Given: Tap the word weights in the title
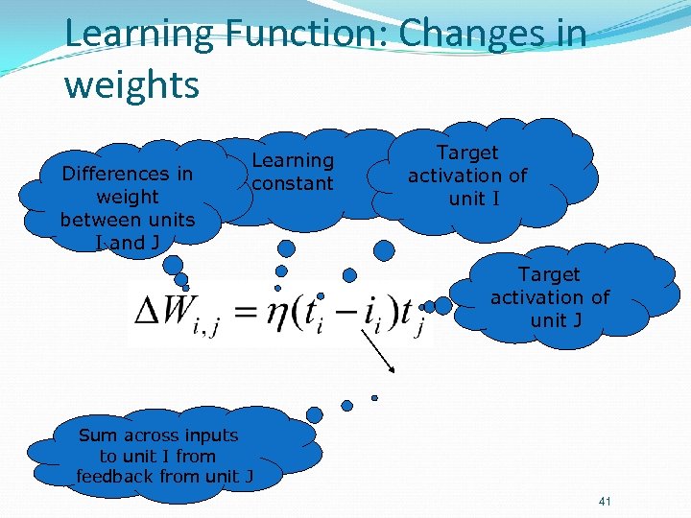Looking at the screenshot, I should click(x=131, y=84).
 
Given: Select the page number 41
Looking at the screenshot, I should click(x=604, y=502).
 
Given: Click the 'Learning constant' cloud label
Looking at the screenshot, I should click(x=293, y=172).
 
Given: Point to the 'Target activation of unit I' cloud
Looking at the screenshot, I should click(x=467, y=176).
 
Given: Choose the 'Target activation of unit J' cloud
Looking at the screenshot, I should click(x=550, y=297).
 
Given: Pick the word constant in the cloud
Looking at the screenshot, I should click(x=293, y=183).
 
